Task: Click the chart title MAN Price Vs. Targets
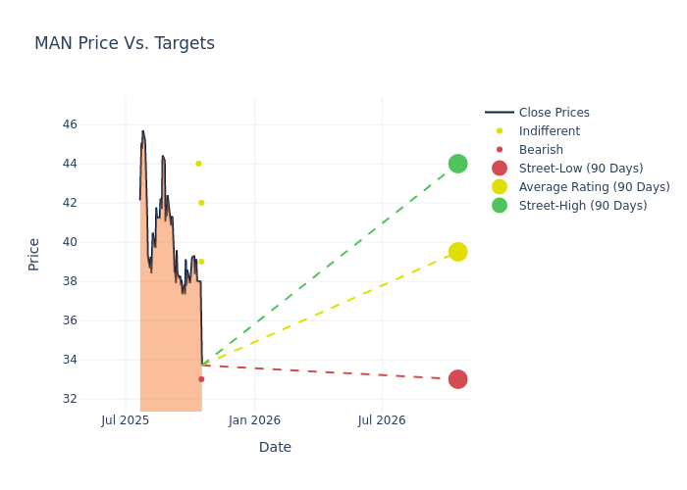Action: click(125, 43)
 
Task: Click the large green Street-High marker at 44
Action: click(457, 164)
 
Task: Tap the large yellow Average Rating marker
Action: click(457, 252)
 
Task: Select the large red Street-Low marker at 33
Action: click(457, 379)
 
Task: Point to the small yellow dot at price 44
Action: click(198, 164)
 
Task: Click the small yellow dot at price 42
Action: click(201, 203)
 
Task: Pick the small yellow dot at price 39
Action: click(201, 262)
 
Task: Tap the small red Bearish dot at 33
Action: click(201, 379)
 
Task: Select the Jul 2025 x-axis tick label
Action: click(126, 420)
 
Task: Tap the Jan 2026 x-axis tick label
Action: click(254, 420)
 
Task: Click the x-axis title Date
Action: click(275, 447)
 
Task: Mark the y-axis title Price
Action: click(34, 254)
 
